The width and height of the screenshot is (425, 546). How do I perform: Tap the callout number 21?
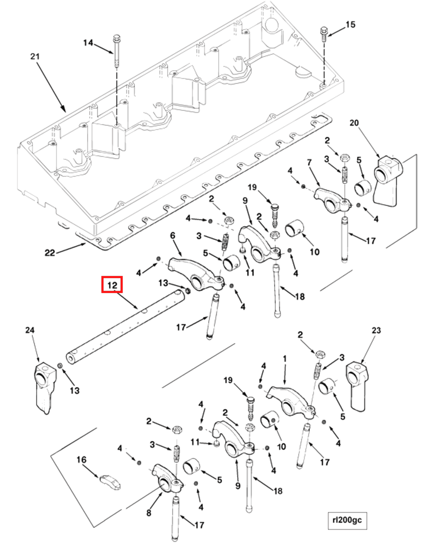coord(35,56)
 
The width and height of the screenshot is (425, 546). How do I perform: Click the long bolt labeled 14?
coord(117,52)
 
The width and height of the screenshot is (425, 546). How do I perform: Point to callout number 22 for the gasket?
coord(50,252)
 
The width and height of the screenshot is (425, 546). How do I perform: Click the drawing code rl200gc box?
coord(347,520)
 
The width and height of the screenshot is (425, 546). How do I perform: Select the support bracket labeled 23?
coord(357,385)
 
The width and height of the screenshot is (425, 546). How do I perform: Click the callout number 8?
coord(149,513)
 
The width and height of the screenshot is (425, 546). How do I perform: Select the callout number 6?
coord(173,236)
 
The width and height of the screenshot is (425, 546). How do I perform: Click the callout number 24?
coord(30,330)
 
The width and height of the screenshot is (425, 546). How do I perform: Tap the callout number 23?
coord(376,330)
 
